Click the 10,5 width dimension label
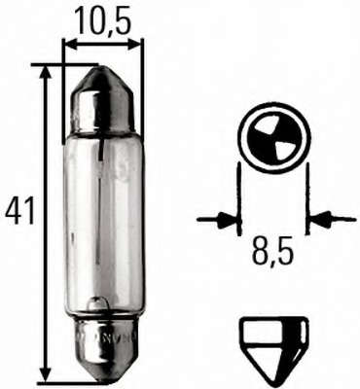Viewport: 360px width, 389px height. tap(102, 18)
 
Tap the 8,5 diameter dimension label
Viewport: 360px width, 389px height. tap(270, 260)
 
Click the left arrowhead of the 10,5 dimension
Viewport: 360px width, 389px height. tap(69, 44)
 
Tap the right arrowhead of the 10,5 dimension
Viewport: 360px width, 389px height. tap(135, 44)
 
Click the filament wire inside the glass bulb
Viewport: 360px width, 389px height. tap(103, 194)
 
